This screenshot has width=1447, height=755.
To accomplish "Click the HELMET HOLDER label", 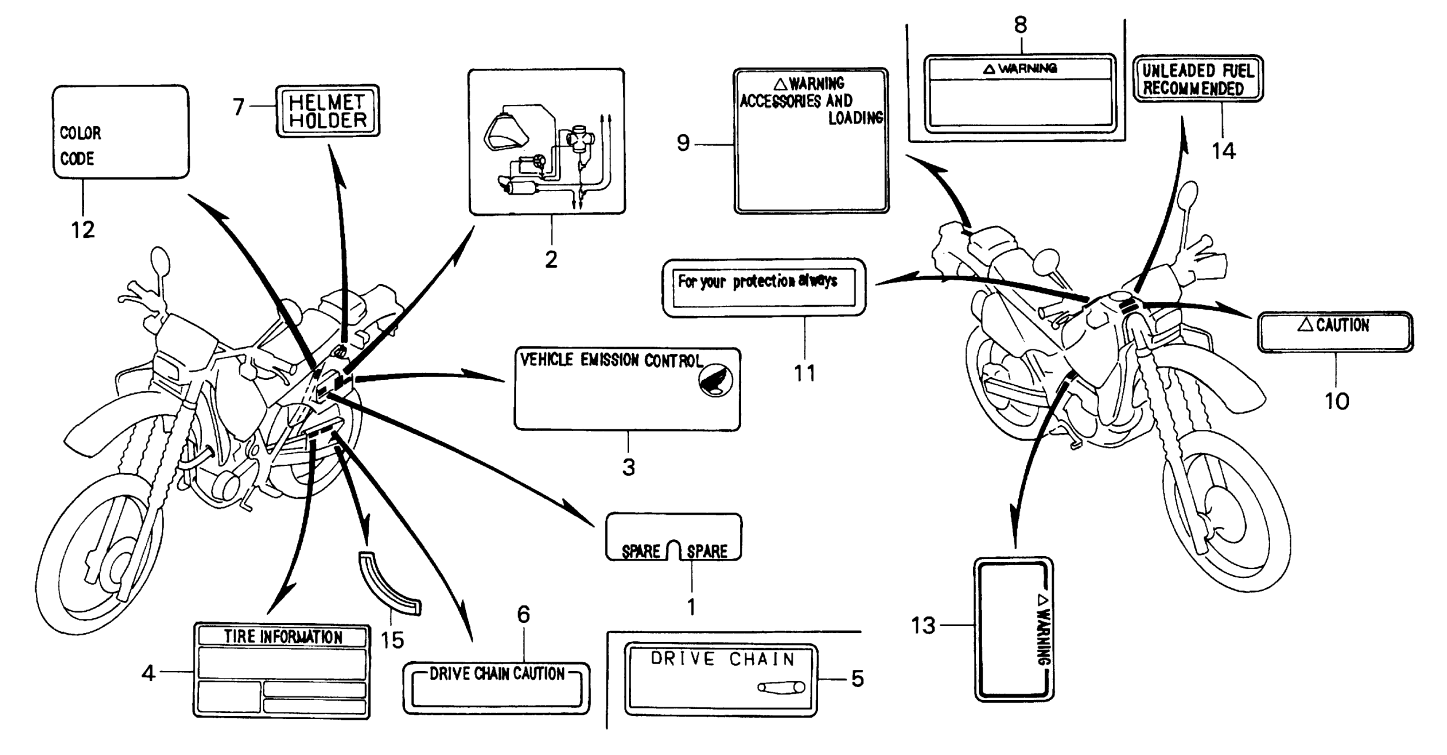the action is [x=328, y=111].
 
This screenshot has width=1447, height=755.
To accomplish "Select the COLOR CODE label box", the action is [x=121, y=132].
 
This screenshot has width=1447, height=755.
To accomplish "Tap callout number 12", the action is [x=83, y=229].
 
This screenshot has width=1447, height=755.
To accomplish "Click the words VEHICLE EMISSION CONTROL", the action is [x=611, y=360].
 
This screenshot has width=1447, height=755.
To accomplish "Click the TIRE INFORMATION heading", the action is [x=283, y=637].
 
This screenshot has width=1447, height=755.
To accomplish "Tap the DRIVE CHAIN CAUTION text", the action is [x=497, y=674].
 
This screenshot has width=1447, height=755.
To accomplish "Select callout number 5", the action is [x=857, y=679].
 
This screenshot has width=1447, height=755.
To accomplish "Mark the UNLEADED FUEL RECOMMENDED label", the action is [x=1198, y=79].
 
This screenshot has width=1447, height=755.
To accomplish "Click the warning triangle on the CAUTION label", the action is [x=1305, y=324].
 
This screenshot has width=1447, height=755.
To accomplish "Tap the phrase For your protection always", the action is [x=757, y=281].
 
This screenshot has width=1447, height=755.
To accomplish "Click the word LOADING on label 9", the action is [x=855, y=117].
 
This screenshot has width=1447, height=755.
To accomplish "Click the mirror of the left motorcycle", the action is [x=160, y=262].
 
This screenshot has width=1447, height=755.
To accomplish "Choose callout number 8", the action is [x=1021, y=25].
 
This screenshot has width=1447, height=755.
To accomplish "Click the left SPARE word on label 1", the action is [x=641, y=552].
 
